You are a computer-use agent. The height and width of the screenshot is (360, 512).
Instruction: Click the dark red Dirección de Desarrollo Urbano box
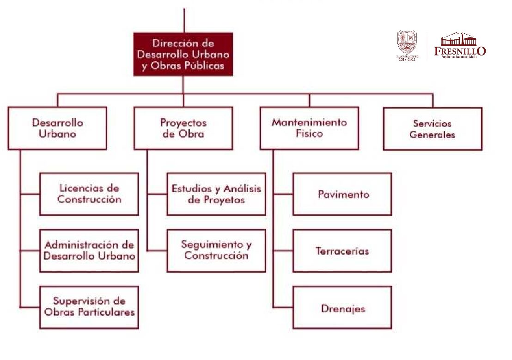pyautogui.click(x=183, y=54)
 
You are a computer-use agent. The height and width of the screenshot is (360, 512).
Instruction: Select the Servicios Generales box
pyautogui.click(x=432, y=129)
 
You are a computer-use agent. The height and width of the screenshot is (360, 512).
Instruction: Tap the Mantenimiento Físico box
pyautogui.click(x=309, y=128)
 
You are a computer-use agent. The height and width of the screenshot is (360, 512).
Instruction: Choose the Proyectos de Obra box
pyautogui.click(x=183, y=128)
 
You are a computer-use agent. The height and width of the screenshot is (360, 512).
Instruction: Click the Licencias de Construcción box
pyautogui.click(x=89, y=194)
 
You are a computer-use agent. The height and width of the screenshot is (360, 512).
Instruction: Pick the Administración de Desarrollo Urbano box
pyautogui.click(x=89, y=250)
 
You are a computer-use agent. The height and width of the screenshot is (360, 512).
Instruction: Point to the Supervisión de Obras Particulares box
pyautogui.click(x=89, y=307)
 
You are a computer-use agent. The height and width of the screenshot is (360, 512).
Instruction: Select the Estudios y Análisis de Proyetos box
pyautogui.click(x=216, y=194)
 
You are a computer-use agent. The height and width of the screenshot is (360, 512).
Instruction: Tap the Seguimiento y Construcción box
pyautogui.click(x=216, y=250)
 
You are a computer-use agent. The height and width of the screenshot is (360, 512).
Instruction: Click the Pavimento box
pyautogui.click(x=342, y=194)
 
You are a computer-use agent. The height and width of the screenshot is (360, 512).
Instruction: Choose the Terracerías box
pyautogui.click(x=342, y=251)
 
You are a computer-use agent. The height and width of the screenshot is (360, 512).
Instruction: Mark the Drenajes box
pyautogui.click(x=342, y=308)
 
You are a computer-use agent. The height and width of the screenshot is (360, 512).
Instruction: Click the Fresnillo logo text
pyautogui.click(x=460, y=51)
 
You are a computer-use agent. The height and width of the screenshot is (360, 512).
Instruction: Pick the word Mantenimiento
pyautogui.click(x=309, y=122)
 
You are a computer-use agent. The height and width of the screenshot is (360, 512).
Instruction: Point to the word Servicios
pyautogui.click(x=432, y=123)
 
